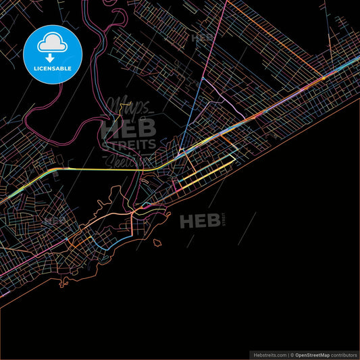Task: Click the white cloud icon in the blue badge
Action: [52, 44]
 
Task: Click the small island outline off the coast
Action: [157, 242]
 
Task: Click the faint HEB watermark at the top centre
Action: [203, 38]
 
